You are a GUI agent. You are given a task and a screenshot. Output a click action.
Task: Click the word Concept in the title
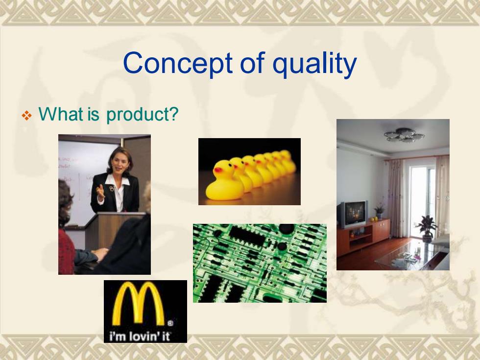[178, 63]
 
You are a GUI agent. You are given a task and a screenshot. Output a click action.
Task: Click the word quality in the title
[314, 64]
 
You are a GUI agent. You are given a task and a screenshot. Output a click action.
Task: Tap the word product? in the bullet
[142, 115]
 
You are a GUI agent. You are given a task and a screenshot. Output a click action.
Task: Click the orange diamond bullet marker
[26, 116]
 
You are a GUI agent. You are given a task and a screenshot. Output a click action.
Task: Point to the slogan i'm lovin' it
[140, 336]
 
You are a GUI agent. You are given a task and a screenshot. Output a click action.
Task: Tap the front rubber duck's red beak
[217, 170]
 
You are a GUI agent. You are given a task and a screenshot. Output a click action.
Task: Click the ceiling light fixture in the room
[404, 135]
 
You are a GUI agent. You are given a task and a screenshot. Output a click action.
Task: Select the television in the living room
[353, 214]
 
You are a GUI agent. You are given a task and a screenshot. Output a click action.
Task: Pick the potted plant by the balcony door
[427, 228]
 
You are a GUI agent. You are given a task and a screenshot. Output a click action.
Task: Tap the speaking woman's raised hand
[100, 192]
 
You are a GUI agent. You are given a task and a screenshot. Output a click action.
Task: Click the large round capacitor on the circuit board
[287, 229]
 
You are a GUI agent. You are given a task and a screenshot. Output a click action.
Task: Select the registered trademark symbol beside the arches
[170, 323]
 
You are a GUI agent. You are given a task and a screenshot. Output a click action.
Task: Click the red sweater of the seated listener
[66, 251]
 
